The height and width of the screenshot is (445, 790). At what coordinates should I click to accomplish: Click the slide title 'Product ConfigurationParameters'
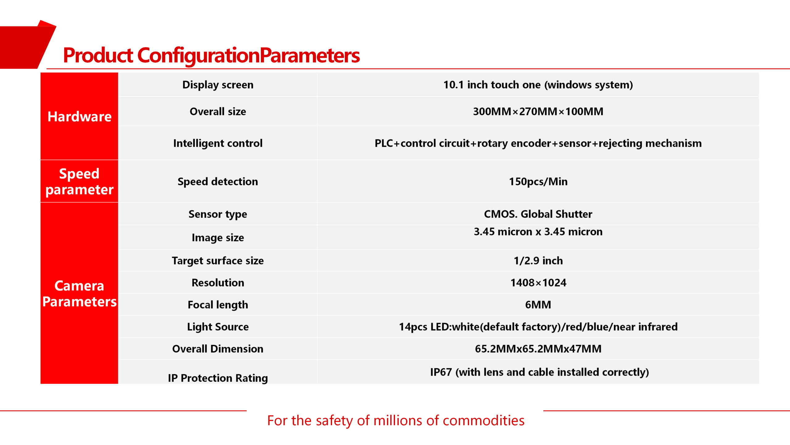pos(211,56)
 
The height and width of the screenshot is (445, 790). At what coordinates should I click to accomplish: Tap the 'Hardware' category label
pos(79,117)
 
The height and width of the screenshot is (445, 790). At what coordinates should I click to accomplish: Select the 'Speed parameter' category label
pos(79,182)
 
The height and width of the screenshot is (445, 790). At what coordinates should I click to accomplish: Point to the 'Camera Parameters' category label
pos(79,294)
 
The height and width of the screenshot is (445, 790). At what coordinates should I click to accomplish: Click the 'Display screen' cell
pos(218,85)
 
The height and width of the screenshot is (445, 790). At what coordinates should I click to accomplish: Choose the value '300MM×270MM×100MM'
pos(538,111)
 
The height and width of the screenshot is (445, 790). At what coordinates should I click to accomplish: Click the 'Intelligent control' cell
pos(218,143)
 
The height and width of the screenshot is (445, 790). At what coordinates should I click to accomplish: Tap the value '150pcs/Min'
pos(538,181)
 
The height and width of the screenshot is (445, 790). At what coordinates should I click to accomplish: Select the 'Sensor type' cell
pos(218,214)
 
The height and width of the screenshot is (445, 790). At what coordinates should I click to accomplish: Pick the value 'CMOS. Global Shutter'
pos(538,214)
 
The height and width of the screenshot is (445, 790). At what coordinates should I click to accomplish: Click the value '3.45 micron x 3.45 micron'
pos(538,231)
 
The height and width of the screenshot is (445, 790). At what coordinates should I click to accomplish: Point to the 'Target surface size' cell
pos(218,261)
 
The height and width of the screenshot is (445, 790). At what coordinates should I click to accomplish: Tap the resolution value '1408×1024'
pos(538,282)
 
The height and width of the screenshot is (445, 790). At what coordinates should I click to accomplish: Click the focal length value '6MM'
pos(538,305)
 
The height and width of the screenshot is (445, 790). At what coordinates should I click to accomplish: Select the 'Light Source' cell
pos(218,327)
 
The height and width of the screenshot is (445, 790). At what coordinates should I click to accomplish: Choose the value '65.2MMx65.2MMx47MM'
pos(538,349)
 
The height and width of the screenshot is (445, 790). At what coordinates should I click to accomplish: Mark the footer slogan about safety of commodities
pos(396,421)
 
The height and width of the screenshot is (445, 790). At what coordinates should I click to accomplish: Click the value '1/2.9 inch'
pos(538,261)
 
